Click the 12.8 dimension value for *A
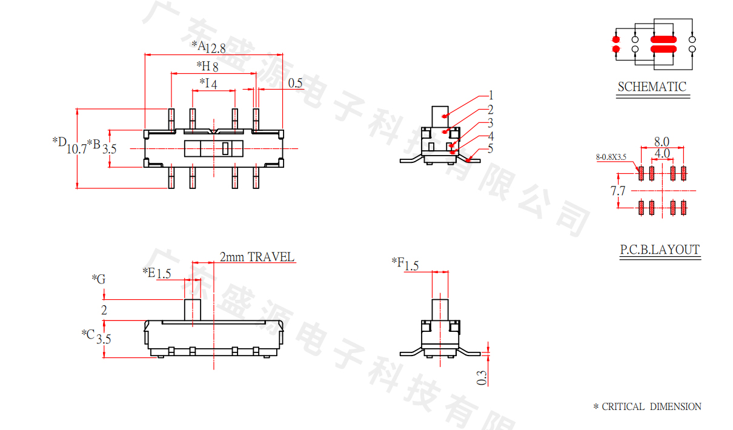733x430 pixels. [216, 49]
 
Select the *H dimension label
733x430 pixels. [202, 65]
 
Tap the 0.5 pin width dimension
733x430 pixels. [295, 84]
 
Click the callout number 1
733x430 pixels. [491, 95]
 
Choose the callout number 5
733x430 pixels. [491, 148]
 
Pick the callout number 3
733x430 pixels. [491, 123]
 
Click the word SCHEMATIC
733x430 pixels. [652, 87]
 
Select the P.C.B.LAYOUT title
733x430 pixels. [659, 250]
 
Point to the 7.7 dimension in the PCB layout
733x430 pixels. [618, 191]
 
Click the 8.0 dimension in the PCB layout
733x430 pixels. [662, 141]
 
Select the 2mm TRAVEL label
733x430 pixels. [257, 257]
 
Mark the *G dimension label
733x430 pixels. [99, 279]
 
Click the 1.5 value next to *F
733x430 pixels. [412, 265]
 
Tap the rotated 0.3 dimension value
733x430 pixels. [482, 378]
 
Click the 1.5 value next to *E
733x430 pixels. [164, 274]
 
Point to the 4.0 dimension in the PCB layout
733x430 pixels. [662, 154]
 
